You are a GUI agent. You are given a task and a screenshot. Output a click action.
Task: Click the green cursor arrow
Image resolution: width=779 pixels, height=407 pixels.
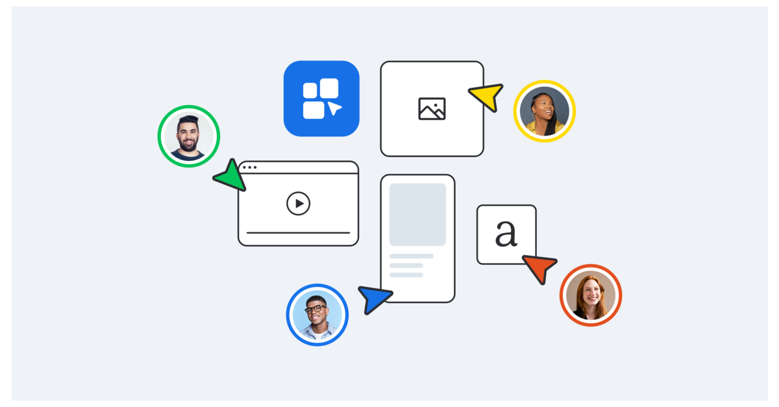click(231, 175)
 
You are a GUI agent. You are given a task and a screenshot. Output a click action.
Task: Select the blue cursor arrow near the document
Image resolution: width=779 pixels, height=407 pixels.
click(375, 299)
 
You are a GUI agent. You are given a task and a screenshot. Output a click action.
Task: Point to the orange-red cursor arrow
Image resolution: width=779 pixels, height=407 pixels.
click(539, 267)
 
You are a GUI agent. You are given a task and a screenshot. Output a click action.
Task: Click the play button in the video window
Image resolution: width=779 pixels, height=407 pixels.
click(299, 204)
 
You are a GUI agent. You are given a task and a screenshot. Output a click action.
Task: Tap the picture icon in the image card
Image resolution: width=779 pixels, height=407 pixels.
click(432, 109)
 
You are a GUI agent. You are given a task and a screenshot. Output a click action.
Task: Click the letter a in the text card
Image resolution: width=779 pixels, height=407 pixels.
click(506, 234)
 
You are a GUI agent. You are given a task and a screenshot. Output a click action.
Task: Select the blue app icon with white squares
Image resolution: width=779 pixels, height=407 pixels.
click(321, 99)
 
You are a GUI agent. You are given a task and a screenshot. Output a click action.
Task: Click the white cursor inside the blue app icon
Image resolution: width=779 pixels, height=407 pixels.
click(334, 108)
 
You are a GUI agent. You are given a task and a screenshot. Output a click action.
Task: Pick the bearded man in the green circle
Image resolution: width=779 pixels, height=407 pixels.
click(189, 136)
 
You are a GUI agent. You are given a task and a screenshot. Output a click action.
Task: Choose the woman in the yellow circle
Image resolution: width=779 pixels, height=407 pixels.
click(544, 111)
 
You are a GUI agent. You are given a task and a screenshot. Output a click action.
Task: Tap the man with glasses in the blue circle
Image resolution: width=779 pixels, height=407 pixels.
click(317, 315)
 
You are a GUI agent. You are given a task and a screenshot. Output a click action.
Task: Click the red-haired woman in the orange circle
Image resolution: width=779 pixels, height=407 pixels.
click(591, 295)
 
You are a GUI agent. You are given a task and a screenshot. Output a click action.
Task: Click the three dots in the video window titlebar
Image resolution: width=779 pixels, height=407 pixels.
click(250, 167)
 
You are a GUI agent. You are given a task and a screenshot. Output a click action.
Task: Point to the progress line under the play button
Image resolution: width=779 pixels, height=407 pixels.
click(298, 232)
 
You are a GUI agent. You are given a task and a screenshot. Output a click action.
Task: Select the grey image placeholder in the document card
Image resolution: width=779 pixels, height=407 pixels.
click(417, 214)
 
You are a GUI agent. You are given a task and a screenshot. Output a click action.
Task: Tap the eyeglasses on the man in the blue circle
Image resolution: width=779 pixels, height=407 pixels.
click(316, 309)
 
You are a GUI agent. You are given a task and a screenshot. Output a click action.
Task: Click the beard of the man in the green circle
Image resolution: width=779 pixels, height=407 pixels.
click(188, 145)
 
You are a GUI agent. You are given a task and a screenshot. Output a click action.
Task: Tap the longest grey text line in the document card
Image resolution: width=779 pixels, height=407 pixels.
click(411, 256)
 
